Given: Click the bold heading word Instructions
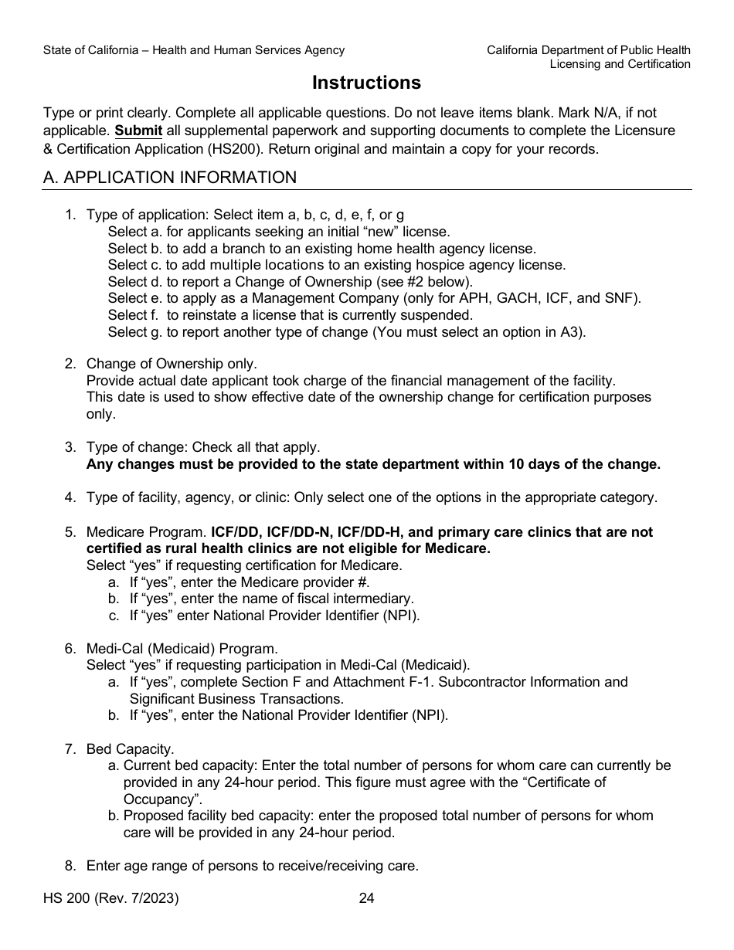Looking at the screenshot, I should pyautogui.click(x=366, y=83).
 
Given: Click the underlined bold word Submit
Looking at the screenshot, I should pyautogui.click(x=138, y=131).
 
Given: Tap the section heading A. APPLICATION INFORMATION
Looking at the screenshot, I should pyautogui.click(x=170, y=178).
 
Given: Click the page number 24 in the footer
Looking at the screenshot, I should pyautogui.click(x=367, y=898).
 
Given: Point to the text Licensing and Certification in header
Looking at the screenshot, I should pyautogui.click(x=620, y=64).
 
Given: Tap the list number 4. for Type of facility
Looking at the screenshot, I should pyautogui.click(x=70, y=497).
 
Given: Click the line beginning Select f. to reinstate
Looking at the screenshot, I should pyautogui.click(x=290, y=315).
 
